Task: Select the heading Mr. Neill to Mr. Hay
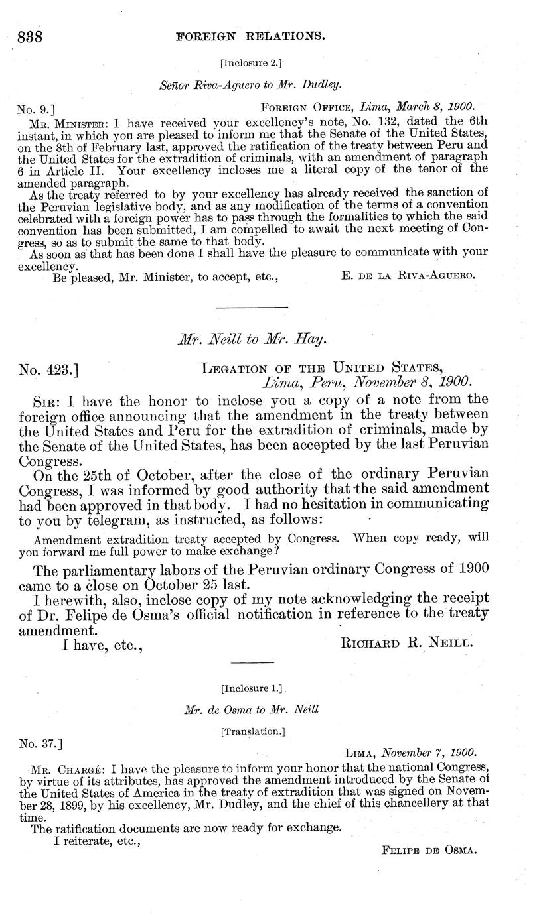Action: [x=252, y=341]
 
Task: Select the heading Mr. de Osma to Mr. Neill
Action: [x=251, y=710]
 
